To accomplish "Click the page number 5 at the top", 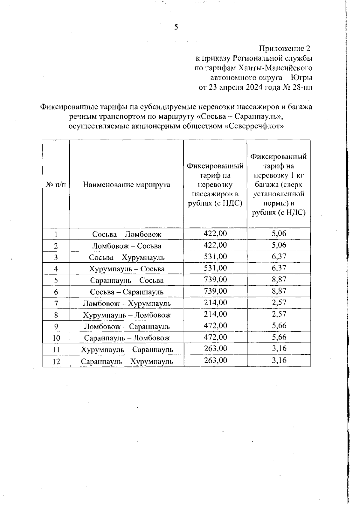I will click(x=176, y=27).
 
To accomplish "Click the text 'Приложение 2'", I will click(x=284, y=48).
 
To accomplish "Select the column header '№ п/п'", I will click(x=56, y=184).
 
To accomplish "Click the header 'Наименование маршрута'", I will click(x=126, y=184).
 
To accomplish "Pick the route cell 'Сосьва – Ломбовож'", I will click(x=127, y=234).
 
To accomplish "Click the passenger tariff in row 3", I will click(x=215, y=257).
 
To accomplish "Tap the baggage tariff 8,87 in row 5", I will click(x=279, y=279).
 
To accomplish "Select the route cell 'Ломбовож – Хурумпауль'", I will click(x=127, y=303).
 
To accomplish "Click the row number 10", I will click(x=56, y=338).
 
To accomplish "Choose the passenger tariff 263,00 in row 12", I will click(x=215, y=360).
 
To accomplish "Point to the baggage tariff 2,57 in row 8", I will click(x=279, y=314).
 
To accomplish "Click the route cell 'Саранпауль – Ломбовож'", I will click(x=127, y=338).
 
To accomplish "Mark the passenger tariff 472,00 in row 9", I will click(x=215, y=326).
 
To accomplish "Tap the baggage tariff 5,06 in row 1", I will click(x=279, y=234).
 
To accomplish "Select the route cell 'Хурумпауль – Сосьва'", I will click(x=127, y=269).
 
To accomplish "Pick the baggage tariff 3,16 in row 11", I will click(x=279, y=349).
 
